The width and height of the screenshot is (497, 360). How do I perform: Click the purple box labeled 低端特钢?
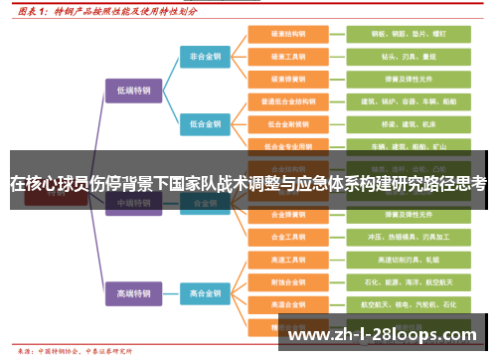pos(134,90)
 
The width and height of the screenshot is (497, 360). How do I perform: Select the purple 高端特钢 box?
pos(134,293)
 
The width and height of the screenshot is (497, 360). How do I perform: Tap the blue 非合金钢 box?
pos(207,58)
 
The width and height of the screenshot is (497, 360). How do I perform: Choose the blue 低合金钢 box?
pos(207,124)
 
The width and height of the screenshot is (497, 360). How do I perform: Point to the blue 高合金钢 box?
pos(207,293)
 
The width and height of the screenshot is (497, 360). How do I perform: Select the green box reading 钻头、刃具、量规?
pos(396,58)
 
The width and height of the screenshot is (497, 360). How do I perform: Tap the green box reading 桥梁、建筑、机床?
pos(396,124)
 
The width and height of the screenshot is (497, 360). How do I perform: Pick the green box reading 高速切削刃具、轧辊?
pos(396,261)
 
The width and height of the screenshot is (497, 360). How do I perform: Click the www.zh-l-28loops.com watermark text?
pos(382,334)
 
